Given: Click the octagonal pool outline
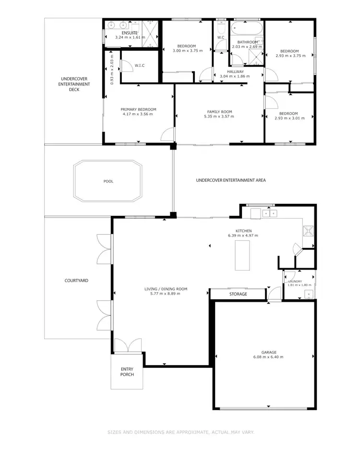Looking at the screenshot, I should (x=108, y=181).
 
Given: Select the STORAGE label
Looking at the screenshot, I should (x=238, y=294).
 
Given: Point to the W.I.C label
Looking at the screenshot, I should (x=140, y=66).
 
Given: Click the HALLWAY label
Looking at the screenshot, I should (x=236, y=71).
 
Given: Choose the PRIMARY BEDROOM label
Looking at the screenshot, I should (x=138, y=109).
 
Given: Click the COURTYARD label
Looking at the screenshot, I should (x=77, y=281).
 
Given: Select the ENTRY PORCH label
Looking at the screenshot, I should (x=127, y=372).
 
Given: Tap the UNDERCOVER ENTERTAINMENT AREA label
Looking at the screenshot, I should (x=231, y=180).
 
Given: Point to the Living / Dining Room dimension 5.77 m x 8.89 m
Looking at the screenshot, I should (x=166, y=294).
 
